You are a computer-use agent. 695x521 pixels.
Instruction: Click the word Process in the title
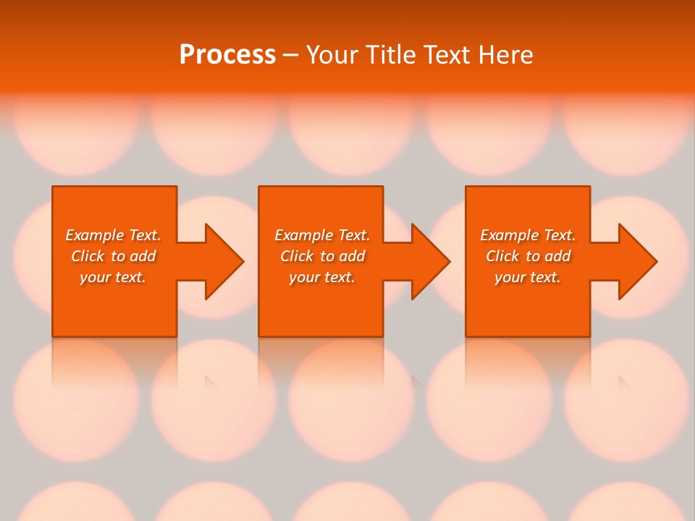227,55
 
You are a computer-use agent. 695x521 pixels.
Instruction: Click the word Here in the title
507,55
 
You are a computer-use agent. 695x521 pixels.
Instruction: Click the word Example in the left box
94,235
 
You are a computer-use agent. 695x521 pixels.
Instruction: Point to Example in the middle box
303,235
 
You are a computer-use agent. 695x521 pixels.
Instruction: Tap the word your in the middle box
303,277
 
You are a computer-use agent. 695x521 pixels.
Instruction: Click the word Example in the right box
509,235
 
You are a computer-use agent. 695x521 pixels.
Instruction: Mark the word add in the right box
557,256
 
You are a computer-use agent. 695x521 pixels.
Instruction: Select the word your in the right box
509,277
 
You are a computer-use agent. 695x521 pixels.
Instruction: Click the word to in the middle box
327,256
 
